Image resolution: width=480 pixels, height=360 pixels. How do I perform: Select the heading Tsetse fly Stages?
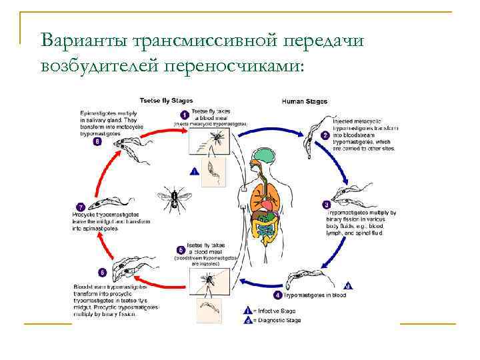point(166,100)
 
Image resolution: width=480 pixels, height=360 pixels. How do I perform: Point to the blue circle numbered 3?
point(326,205)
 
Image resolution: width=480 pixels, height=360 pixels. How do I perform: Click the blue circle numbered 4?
point(278,294)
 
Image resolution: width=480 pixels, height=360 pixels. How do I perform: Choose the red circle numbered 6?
point(101,272)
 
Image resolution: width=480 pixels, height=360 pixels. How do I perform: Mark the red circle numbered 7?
point(81,207)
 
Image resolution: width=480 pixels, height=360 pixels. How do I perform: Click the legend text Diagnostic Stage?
point(277,320)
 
